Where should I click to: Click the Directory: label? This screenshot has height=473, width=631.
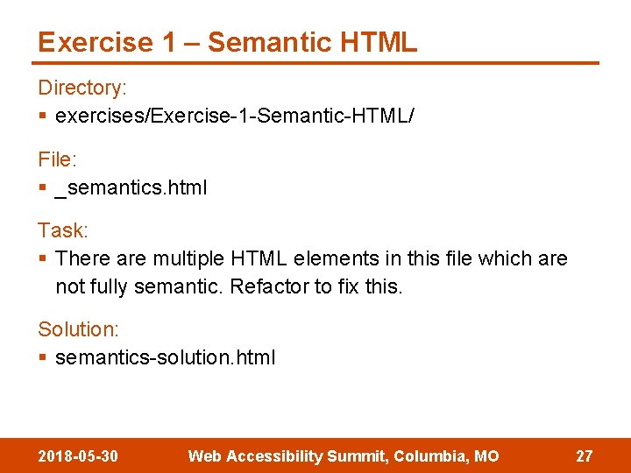tap(82, 88)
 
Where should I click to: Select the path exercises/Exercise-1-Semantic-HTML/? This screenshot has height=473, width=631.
tap(234, 116)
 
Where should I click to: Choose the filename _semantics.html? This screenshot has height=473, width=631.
tap(131, 187)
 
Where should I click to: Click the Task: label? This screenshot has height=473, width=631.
tap(63, 230)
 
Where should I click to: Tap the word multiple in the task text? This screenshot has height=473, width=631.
tap(188, 259)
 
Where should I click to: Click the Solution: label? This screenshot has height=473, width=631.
tap(78, 329)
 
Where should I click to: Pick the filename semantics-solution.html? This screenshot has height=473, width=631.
tap(165, 357)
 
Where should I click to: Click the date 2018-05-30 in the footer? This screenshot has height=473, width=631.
tap(79, 456)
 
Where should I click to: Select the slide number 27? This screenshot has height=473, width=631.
tap(584, 456)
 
